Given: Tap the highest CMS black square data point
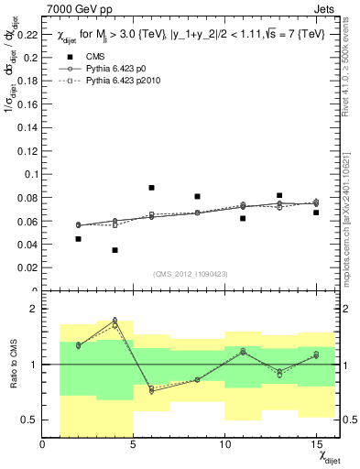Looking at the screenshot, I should coord(151,188).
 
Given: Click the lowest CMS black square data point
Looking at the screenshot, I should coord(115,250).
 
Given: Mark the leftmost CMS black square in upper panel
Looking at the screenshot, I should coord(79,239).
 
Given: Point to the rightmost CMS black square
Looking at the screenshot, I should coord(316,213).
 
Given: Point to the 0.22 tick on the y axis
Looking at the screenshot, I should coord(27,35).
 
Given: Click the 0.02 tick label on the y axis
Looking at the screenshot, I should coord(27,268).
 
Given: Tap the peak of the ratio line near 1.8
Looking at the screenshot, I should coord(115,321).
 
